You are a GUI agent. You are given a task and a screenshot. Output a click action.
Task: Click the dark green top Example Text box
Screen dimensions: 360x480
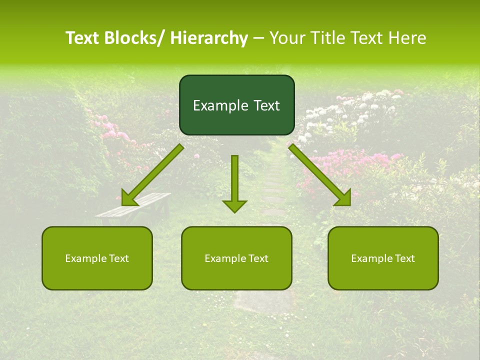[x=236, y=105]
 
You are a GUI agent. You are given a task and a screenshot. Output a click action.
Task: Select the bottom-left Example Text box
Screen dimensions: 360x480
[x=97, y=258]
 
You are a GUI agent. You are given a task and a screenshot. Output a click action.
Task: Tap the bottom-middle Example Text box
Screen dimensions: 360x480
[x=236, y=258]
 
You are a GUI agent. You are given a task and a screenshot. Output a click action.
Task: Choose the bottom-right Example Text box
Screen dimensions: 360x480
[x=383, y=258]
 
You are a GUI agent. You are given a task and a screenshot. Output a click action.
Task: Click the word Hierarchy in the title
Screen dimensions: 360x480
[x=209, y=38]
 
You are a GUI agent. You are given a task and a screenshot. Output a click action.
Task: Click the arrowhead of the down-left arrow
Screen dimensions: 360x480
[x=129, y=198]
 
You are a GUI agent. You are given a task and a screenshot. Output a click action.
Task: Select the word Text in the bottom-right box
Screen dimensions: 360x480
[x=404, y=258]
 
